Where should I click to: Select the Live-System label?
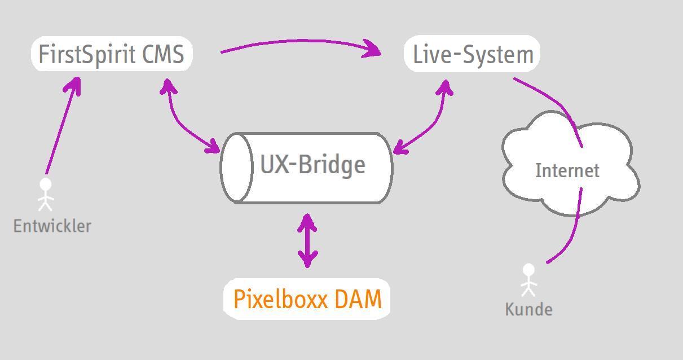tap(473, 55)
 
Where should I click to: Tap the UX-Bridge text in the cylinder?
tap(312, 165)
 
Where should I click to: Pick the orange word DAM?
tap(358, 299)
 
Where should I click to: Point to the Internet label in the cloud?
tap(567, 170)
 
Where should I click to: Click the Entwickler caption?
tap(52, 226)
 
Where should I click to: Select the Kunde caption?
tap(528, 309)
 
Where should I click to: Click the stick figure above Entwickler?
tap(45, 194)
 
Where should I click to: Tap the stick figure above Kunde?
tap(528, 280)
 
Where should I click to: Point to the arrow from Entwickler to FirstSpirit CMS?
tap(60, 128)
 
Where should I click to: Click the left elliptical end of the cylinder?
tap(236, 167)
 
